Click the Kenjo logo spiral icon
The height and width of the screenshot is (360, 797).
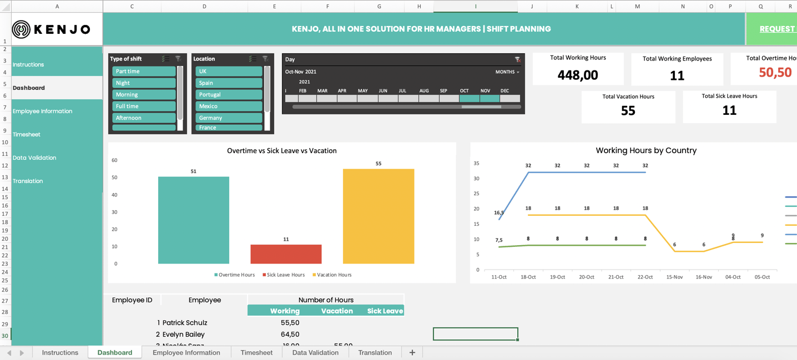click(x=21, y=29)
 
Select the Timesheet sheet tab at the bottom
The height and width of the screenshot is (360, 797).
click(x=256, y=352)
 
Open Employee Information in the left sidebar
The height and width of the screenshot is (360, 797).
click(x=42, y=111)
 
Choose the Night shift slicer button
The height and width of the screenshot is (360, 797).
click(x=144, y=83)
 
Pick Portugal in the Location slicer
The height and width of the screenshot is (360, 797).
click(x=228, y=94)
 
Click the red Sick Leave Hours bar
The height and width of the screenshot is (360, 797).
click(x=286, y=254)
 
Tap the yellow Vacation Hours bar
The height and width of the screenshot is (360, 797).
click(x=379, y=216)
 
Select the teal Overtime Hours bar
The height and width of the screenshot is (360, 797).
click(x=193, y=220)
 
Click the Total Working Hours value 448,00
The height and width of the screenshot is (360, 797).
click(x=578, y=75)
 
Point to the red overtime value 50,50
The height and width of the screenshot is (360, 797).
click(x=775, y=73)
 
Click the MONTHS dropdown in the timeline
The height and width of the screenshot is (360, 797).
click(x=507, y=72)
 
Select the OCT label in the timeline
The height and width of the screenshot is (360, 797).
click(x=464, y=90)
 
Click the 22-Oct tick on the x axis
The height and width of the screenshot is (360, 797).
click(x=645, y=277)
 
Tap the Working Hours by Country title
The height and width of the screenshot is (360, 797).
click(x=646, y=150)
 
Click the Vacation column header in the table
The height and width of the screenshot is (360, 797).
click(x=337, y=311)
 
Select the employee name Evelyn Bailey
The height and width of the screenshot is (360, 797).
click(x=183, y=334)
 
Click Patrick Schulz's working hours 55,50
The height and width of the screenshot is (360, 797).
click(x=290, y=323)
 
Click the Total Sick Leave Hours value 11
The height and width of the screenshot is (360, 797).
click(x=729, y=110)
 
